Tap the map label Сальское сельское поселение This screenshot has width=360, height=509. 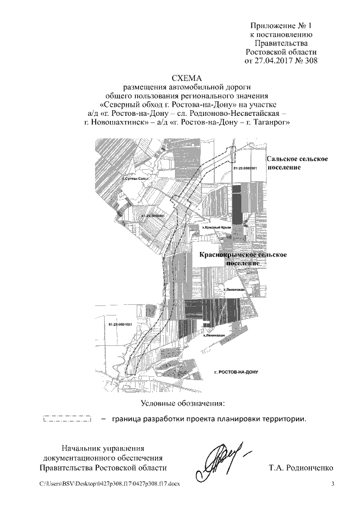pos(297,164)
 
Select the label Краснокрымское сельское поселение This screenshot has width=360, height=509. pos(244,259)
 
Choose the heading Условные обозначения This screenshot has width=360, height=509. pos(182,403)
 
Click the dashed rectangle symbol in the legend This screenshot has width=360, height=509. pos(67,419)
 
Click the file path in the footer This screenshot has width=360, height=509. pos(110,484)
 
